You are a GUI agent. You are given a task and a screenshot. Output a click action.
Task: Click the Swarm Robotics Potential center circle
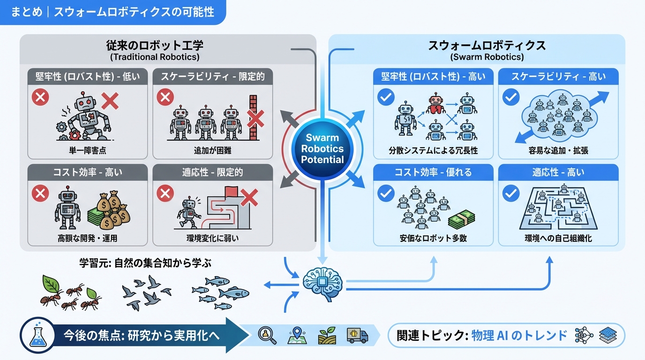[x=322, y=149]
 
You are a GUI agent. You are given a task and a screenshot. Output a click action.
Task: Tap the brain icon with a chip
[x=322, y=280]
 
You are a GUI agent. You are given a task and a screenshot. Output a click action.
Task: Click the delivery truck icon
[x=357, y=335]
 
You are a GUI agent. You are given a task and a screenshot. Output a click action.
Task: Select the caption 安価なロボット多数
[x=433, y=238]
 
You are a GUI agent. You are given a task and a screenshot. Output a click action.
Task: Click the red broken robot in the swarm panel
[x=435, y=105]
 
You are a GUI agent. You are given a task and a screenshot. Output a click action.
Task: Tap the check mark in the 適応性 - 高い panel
[x=510, y=193]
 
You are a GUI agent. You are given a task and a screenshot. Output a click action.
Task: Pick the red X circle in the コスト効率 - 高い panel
[x=41, y=193]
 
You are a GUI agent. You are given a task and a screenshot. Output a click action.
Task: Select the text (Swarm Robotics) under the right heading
[x=487, y=57]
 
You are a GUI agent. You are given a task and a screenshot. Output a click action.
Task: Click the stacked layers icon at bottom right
[x=608, y=336]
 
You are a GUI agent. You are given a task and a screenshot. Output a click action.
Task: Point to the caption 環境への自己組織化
[x=558, y=238]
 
